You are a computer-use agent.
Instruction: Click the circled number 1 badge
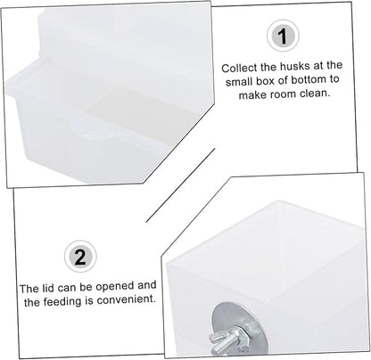[x=283, y=36]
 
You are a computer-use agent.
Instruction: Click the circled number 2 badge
[x=80, y=256]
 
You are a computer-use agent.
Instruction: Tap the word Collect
[x=239, y=68]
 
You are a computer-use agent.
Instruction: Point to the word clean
[x=315, y=94]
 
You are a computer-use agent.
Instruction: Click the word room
[x=284, y=94]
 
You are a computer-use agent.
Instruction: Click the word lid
[x=47, y=288]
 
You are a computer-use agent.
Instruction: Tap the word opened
[x=114, y=287]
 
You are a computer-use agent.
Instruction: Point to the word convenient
[x=127, y=299]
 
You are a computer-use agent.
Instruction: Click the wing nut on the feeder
[x=226, y=339]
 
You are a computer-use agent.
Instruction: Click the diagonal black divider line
[x=180, y=185]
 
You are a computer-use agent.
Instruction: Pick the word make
[x=253, y=95]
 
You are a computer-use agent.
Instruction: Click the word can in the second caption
[x=65, y=288]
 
